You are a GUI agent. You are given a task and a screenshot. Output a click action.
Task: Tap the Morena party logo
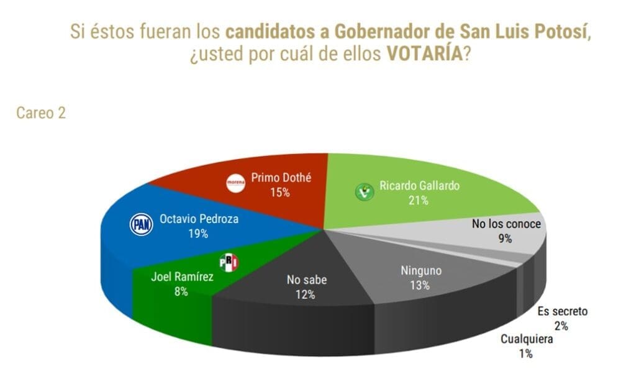coord(235,182)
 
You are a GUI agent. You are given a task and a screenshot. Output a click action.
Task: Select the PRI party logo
coord(229,263)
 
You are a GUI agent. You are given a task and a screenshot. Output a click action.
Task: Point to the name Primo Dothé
coord(281,178)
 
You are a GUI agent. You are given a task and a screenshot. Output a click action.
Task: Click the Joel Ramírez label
coord(182,276)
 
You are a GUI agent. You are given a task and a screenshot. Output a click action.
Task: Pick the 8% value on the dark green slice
coord(181,291)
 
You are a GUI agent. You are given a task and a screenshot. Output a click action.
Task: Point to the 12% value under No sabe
coord(306,294)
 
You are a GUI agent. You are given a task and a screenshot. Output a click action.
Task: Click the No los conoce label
coord(506,224)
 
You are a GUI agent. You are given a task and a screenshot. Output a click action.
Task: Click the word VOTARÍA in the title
coord(425,53)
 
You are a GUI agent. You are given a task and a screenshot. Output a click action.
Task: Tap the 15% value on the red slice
coord(280,193)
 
